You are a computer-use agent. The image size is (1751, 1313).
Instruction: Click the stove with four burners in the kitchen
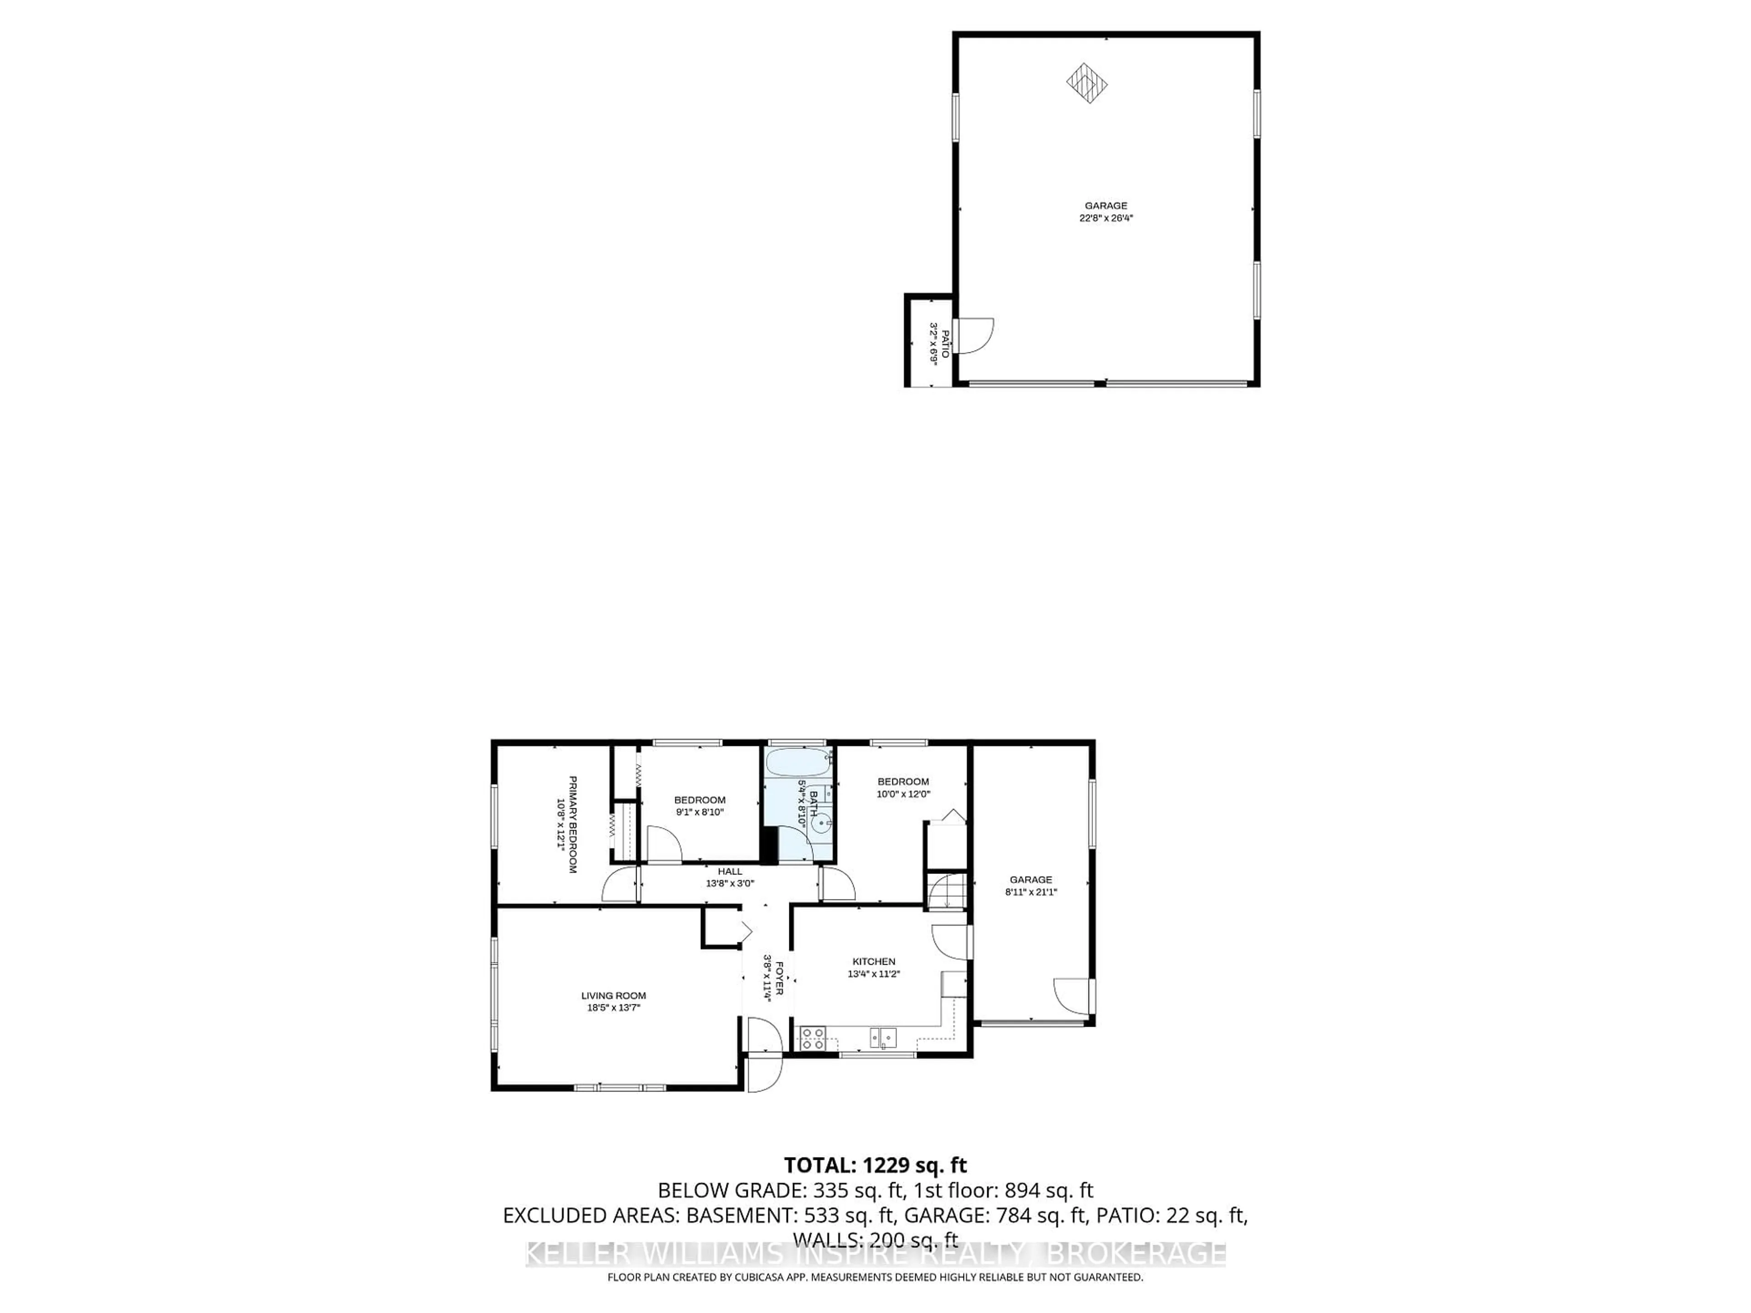click(x=812, y=1038)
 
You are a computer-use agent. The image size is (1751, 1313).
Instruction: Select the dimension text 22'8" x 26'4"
click(x=1106, y=218)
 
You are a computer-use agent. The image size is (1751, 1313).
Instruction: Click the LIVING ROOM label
click(x=613, y=996)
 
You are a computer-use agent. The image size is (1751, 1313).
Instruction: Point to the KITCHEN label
click(x=874, y=961)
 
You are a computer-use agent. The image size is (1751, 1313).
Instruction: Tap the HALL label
click(x=730, y=871)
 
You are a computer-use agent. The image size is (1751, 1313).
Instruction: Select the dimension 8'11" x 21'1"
click(x=1031, y=892)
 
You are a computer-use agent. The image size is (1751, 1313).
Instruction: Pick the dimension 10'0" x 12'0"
click(x=903, y=794)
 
